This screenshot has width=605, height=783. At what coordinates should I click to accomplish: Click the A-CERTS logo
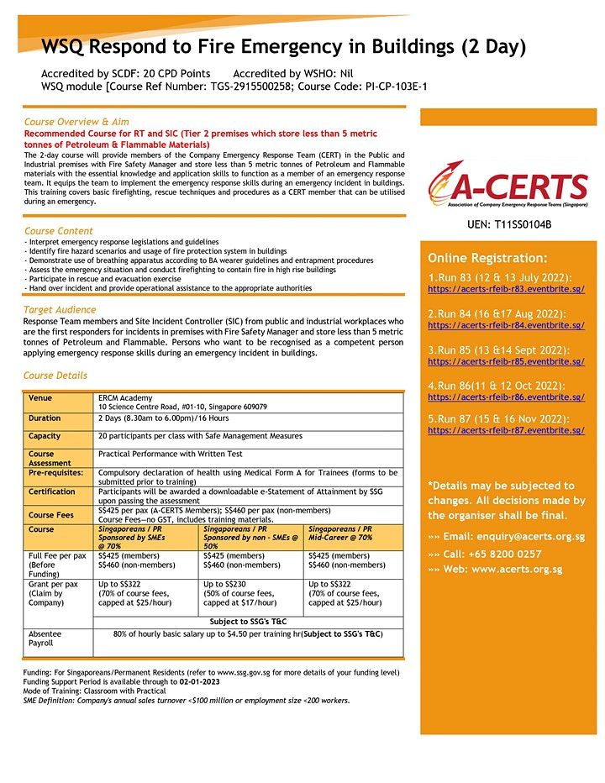(x=508, y=186)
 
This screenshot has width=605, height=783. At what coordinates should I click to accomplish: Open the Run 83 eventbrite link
(x=506, y=289)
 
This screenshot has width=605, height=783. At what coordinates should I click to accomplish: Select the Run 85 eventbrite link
(x=506, y=361)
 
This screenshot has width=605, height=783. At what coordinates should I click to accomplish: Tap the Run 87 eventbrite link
(x=506, y=430)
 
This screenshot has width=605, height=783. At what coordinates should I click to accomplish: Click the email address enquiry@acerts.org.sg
(x=515, y=536)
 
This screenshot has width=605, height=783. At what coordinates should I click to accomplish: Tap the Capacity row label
(x=45, y=436)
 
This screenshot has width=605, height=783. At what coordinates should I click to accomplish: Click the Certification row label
(x=52, y=492)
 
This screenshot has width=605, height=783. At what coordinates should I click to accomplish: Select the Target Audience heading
(x=60, y=310)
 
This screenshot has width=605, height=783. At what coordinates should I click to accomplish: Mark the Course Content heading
(x=59, y=231)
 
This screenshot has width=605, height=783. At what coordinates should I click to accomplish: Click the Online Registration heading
(x=487, y=257)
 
